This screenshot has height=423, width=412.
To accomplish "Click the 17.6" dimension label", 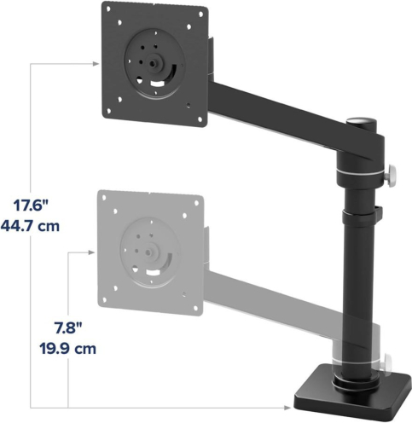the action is point(32,206).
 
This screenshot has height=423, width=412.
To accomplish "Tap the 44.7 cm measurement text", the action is point(30,227).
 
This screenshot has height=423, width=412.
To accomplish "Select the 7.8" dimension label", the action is point(68,328).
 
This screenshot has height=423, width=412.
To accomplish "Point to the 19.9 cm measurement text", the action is point(67,349).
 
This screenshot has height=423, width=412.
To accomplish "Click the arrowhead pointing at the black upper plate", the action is point(96,64).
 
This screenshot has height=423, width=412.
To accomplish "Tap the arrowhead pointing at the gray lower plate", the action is point(91,252).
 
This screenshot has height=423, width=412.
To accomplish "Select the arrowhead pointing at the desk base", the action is point(287,408).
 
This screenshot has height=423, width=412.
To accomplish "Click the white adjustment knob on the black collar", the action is point(392,177).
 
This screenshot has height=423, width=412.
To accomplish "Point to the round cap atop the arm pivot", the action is point(362,123).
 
